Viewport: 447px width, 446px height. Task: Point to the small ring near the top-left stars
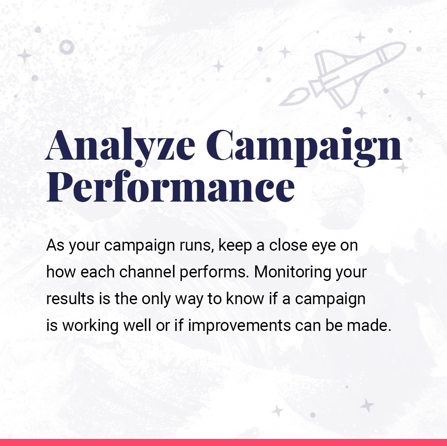coord(67,47)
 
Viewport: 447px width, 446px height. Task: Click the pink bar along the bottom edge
coord(223,442)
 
